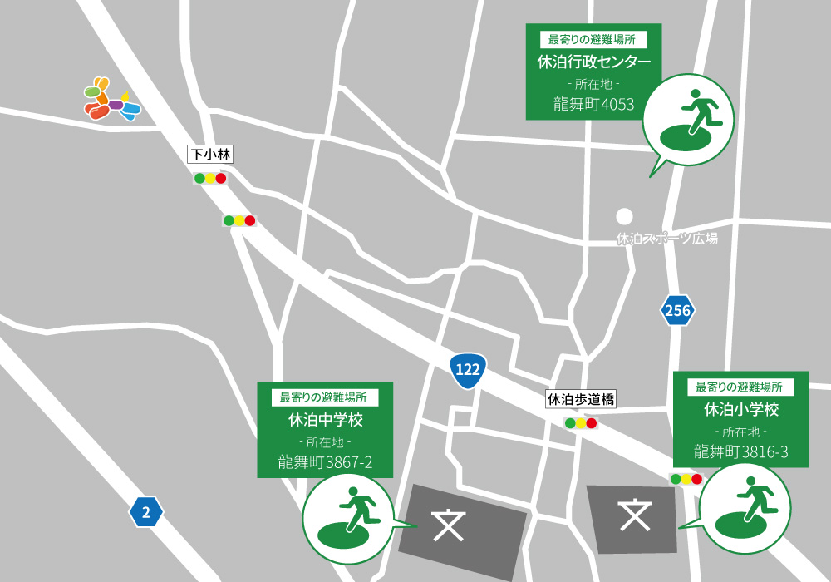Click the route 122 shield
tap(468, 370)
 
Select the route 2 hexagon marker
tap(146, 512)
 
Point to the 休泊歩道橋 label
tap(580, 400)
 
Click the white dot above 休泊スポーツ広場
tap(624, 216)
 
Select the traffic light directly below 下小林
tap(210, 178)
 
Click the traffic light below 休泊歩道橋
tap(580, 423)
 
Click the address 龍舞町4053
tap(593, 104)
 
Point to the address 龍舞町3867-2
tap(324, 462)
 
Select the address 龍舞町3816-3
tap(741, 451)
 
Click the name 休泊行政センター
tap(593, 62)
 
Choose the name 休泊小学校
tap(741, 409)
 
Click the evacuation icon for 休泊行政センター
tap(688, 119)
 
